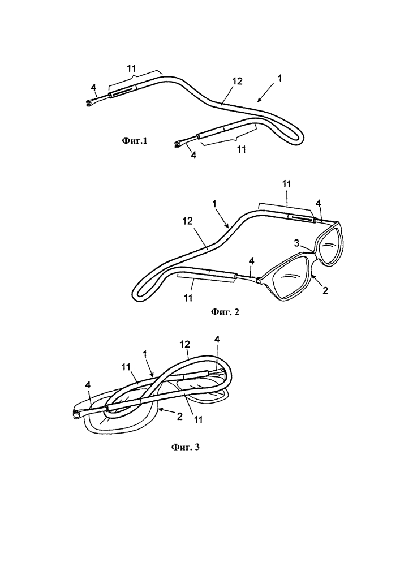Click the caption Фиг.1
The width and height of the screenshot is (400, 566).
pos(134,141)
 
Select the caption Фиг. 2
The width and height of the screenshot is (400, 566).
pos(225,312)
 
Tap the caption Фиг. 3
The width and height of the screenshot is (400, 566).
pos(185,447)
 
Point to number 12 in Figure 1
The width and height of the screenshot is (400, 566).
pos(237,82)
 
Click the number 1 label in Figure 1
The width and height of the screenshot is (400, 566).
pos(280,77)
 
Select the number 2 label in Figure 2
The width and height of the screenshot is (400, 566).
pos(325,290)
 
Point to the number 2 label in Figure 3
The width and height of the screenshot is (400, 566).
pos(179,416)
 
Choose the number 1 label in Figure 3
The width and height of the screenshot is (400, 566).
pos(145,354)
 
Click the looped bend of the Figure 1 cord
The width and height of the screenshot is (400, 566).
pos(299,137)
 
